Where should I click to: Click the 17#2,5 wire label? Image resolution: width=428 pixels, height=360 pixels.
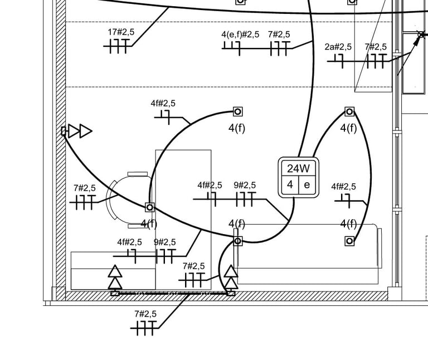[x=121, y=32]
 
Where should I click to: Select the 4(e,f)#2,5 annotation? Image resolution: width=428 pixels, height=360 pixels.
[x=240, y=35]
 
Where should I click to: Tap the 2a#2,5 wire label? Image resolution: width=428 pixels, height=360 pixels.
[x=338, y=47]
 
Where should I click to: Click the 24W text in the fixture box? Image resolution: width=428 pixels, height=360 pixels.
[x=299, y=168]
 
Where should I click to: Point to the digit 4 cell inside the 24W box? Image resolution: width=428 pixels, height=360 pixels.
[x=290, y=185]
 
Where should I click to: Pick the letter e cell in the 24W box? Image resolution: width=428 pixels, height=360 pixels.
[x=307, y=185]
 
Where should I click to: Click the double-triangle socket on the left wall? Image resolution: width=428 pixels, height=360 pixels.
[x=77, y=131]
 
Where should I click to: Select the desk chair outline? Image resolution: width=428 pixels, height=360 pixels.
[x=128, y=200]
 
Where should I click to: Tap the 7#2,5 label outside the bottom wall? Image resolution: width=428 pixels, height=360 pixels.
[x=145, y=314]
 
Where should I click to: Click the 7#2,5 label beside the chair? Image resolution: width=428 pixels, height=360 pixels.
[x=85, y=188]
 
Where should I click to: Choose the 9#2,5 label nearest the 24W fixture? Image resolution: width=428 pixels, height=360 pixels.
[x=245, y=186]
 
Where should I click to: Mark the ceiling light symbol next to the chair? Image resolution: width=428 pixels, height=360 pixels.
[x=149, y=207]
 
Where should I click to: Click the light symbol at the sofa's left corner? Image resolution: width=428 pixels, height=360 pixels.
[x=238, y=241]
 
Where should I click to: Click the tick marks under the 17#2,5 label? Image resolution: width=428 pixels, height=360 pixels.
[x=118, y=46]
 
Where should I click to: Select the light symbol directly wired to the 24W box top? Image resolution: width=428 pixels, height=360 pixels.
[x=349, y=111]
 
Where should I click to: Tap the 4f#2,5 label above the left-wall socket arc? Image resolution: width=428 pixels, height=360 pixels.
[x=163, y=104]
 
